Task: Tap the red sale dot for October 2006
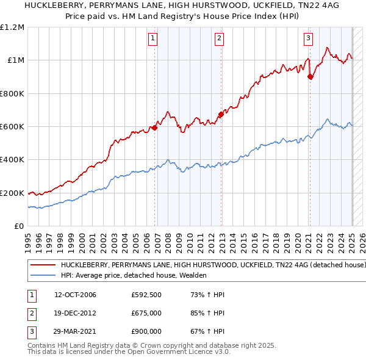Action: (x=155, y=128)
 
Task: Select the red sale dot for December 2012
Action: (x=221, y=114)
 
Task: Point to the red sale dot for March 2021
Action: (x=310, y=77)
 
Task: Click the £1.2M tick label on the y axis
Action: (x=12, y=27)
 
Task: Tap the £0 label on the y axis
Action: (x=18, y=226)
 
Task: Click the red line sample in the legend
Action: (x=43, y=266)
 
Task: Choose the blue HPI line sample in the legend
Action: (x=43, y=276)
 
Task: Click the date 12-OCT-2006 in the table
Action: (x=76, y=295)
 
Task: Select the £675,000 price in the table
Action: (x=146, y=314)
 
